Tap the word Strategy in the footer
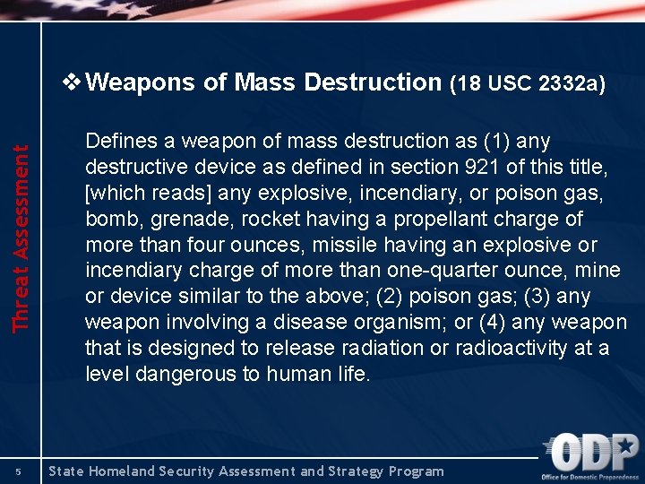[348, 471]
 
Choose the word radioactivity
[503, 348]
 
